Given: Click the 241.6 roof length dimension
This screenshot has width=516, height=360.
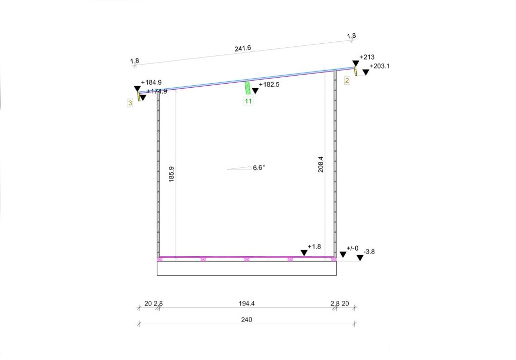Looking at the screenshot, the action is (x=243, y=48).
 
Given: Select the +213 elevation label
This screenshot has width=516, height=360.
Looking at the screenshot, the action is (x=367, y=57).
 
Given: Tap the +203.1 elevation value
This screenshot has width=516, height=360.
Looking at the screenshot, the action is (x=379, y=66).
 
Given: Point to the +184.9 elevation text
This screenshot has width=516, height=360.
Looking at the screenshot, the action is (x=151, y=82).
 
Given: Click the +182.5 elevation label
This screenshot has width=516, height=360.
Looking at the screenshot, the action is (x=269, y=84).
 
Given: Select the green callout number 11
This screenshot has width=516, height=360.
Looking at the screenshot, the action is (x=248, y=101).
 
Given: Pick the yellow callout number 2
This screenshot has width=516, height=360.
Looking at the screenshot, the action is (x=347, y=80).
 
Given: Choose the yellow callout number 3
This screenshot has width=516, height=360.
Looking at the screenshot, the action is (x=130, y=103).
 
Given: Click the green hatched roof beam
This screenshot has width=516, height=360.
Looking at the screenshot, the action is (x=247, y=88).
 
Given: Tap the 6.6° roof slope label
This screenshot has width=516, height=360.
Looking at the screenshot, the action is (x=259, y=168).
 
